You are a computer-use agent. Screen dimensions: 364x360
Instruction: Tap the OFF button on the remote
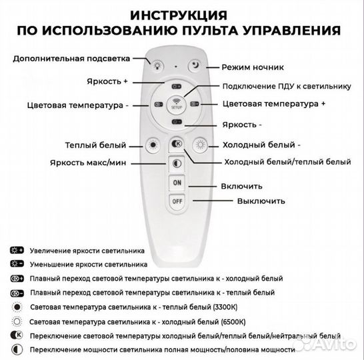(x=177, y=200)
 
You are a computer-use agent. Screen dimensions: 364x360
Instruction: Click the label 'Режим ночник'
(x=253, y=67)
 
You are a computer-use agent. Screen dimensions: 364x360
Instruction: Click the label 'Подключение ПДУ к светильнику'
(x=285, y=87)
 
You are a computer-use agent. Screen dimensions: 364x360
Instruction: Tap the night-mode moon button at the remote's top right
(x=195, y=65)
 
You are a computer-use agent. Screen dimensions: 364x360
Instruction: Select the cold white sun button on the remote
(x=199, y=144)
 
